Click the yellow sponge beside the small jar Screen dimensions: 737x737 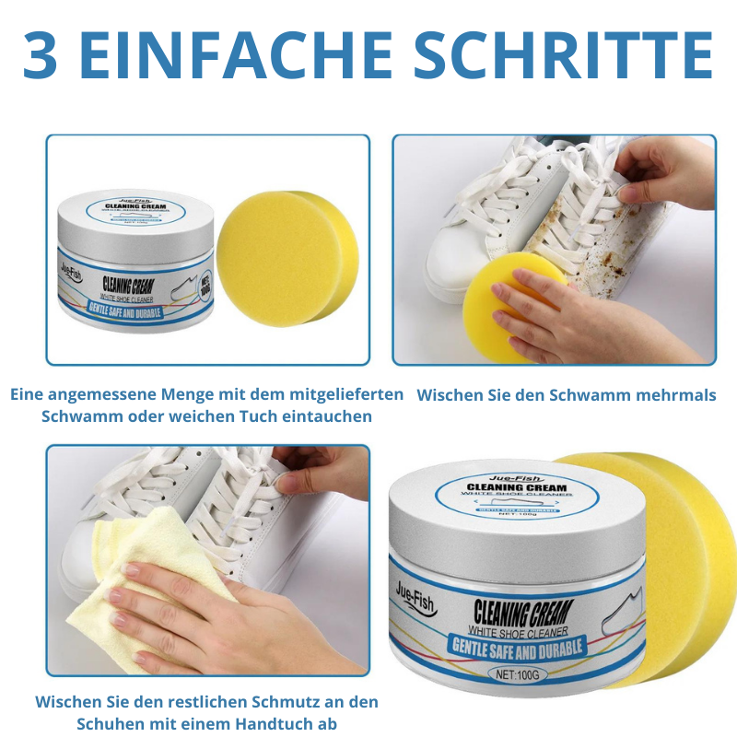[x=287, y=259]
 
